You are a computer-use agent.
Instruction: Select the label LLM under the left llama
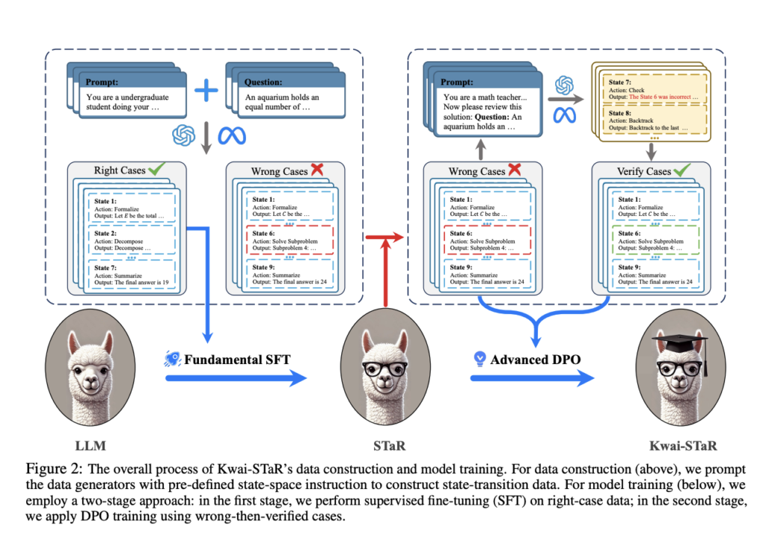click(91, 446)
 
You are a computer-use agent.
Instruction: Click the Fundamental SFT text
click(238, 360)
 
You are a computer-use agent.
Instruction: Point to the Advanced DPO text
click(535, 360)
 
